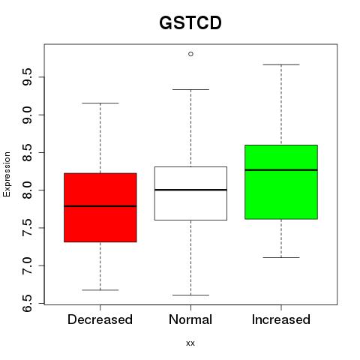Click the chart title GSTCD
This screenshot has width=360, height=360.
pyautogui.click(x=190, y=22)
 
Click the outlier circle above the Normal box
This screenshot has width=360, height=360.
pyautogui.click(x=190, y=54)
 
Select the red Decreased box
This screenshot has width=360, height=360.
pyautogui.click(x=100, y=208)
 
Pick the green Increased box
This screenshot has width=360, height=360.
pyautogui.click(x=281, y=182)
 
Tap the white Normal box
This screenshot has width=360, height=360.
pyautogui.click(x=190, y=193)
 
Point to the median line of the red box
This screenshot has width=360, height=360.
pyautogui.click(x=100, y=206)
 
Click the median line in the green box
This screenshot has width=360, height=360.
pyautogui.click(x=281, y=170)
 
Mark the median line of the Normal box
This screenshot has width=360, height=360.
pyautogui.click(x=190, y=190)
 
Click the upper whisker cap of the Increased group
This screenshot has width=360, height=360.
pyautogui.click(x=281, y=64)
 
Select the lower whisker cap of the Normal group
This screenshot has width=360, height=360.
pyautogui.click(x=190, y=295)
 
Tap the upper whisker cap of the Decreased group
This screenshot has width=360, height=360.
pyautogui.click(x=100, y=103)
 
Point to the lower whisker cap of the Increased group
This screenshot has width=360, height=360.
pyautogui.click(x=281, y=257)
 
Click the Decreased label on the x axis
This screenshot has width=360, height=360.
pyautogui.click(x=100, y=319)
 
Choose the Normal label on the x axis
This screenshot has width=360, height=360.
pyautogui.click(x=190, y=319)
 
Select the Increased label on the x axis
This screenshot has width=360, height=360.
pyautogui.click(x=281, y=319)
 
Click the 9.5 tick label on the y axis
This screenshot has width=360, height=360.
pyautogui.click(x=27, y=77)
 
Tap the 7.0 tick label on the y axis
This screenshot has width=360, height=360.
pyautogui.click(x=27, y=265)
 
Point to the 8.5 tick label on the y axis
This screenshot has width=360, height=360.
pyautogui.click(x=27, y=152)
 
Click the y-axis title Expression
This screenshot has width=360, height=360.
pyautogui.click(x=7, y=174)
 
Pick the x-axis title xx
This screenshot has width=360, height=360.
pyautogui.click(x=190, y=343)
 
